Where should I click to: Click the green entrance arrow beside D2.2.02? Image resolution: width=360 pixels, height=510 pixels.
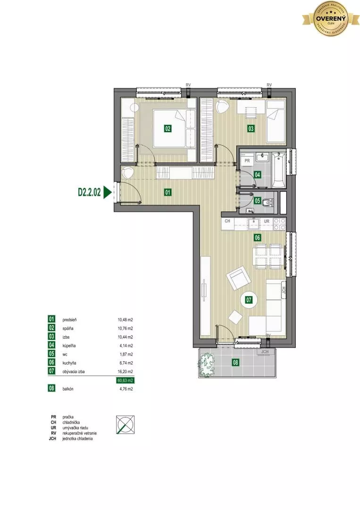(108, 192)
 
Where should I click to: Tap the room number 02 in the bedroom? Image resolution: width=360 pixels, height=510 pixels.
(167, 128)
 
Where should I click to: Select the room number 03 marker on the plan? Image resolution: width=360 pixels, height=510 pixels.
(251, 128)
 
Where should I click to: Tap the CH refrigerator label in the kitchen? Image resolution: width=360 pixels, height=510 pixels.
(227, 221)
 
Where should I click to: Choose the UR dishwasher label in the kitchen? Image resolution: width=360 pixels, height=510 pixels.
(267, 221)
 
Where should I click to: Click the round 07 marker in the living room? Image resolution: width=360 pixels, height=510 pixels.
(248, 299)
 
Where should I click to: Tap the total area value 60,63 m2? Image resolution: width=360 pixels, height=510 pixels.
(124, 380)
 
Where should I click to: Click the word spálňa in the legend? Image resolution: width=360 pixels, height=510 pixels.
(68, 328)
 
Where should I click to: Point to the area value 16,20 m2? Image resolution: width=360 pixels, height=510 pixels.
(125, 372)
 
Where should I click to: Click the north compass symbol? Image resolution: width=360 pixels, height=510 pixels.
(125, 425)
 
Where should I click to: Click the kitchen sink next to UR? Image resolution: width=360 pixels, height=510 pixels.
(255, 221)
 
